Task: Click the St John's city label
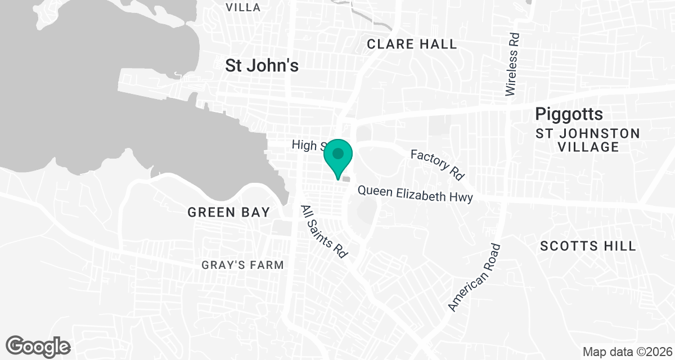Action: (x=262, y=65)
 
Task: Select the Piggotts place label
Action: (x=569, y=114)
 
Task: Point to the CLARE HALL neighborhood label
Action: (x=412, y=44)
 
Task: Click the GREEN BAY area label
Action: (x=228, y=212)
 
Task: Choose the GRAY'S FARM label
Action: (x=243, y=265)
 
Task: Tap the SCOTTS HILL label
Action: (x=588, y=246)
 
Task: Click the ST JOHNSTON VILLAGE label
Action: (x=588, y=140)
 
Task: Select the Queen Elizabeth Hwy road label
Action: (x=415, y=193)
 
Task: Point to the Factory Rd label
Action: (x=437, y=164)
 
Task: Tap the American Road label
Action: (x=474, y=277)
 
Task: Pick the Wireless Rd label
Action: (x=512, y=64)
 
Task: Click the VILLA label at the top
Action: (x=243, y=7)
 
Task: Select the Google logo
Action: (x=38, y=345)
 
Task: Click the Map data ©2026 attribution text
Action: (x=625, y=352)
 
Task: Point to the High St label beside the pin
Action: (x=307, y=146)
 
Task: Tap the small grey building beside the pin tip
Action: (x=346, y=179)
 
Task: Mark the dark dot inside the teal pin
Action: (x=338, y=153)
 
